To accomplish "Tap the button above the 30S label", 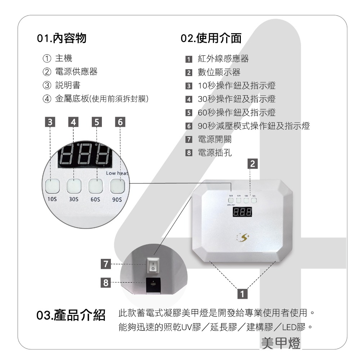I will (74, 185).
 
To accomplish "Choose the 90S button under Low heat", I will (117, 185).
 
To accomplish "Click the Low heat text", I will (117, 174).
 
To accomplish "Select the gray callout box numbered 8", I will (105, 283).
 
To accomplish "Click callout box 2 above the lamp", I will (253, 164).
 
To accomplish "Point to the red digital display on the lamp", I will (242, 212).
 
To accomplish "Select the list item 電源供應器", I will (76, 72).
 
